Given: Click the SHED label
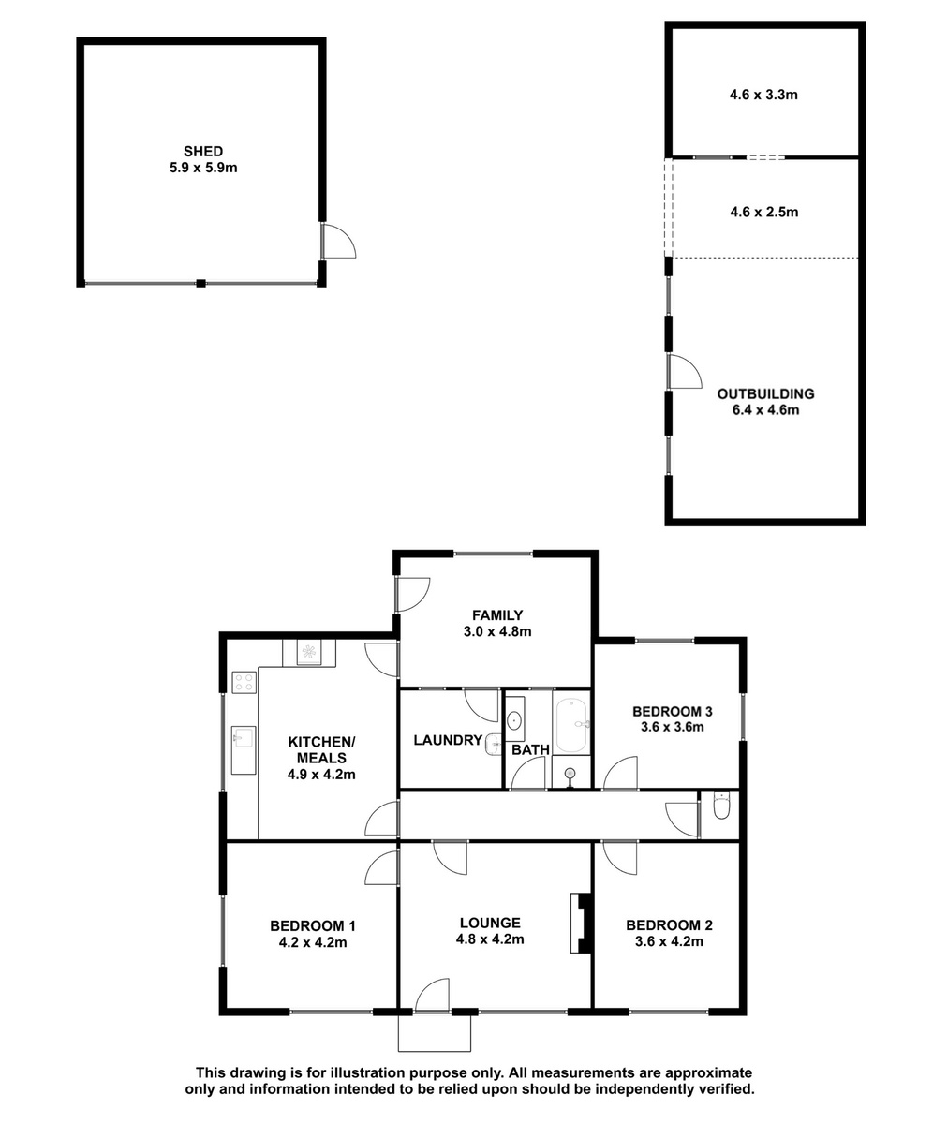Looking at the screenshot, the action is click(x=203, y=151).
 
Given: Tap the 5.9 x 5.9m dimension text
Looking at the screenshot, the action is click(x=203, y=168).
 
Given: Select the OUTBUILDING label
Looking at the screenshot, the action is click(x=765, y=393).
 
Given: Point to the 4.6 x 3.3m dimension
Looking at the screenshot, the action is click(x=763, y=95).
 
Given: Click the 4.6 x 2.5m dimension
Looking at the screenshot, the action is click(x=764, y=212).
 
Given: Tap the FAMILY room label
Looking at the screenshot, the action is click(x=497, y=614).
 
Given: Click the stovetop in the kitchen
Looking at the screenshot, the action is click(x=244, y=682).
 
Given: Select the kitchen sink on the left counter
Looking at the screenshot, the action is click(x=244, y=737).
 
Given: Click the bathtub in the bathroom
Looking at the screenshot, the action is click(x=571, y=725).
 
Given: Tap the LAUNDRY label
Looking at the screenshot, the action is click(x=448, y=740).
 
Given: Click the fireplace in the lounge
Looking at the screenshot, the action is click(x=582, y=924).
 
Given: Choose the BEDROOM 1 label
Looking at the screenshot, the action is click(x=313, y=926).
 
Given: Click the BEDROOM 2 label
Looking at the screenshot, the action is click(x=669, y=925).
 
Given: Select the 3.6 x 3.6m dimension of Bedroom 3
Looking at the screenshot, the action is click(x=673, y=727).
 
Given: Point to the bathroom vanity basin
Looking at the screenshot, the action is click(x=514, y=719).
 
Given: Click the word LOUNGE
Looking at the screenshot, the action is click(x=490, y=924).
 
